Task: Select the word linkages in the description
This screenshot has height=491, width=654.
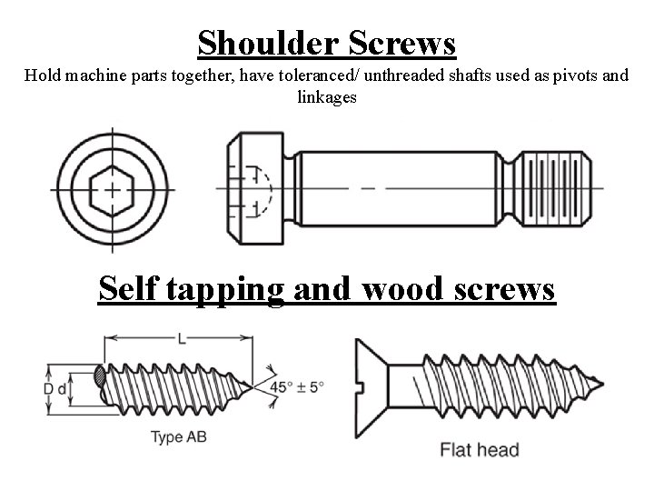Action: click(327, 96)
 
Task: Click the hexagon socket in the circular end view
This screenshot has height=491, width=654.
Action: click(112, 190)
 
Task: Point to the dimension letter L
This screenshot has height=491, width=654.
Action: click(183, 338)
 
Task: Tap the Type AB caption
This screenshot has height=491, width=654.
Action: click(178, 437)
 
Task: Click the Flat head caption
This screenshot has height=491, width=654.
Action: click(479, 449)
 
